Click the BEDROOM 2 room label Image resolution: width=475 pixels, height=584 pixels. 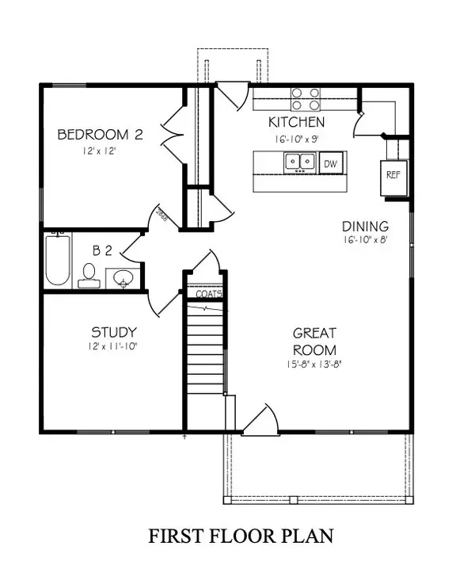(x=100, y=135)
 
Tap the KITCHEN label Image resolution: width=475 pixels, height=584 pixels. (x=296, y=122)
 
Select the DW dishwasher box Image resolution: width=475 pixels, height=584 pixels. (x=330, y=163)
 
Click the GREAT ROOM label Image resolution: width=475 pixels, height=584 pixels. (x=314, y=342)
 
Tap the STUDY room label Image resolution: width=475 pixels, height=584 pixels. (x=113, y=332)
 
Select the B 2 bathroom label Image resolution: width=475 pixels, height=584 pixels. (x=102, y=251)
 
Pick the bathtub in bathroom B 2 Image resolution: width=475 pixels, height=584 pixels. (x=57, y=259)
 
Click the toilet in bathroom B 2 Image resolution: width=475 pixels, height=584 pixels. (x=88, y=275)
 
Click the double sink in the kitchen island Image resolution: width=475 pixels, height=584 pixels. (x=298, y=162)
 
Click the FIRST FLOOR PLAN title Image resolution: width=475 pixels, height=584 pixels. (x=241, y=536)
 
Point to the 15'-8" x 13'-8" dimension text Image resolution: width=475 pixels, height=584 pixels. (x=314, y=365)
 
